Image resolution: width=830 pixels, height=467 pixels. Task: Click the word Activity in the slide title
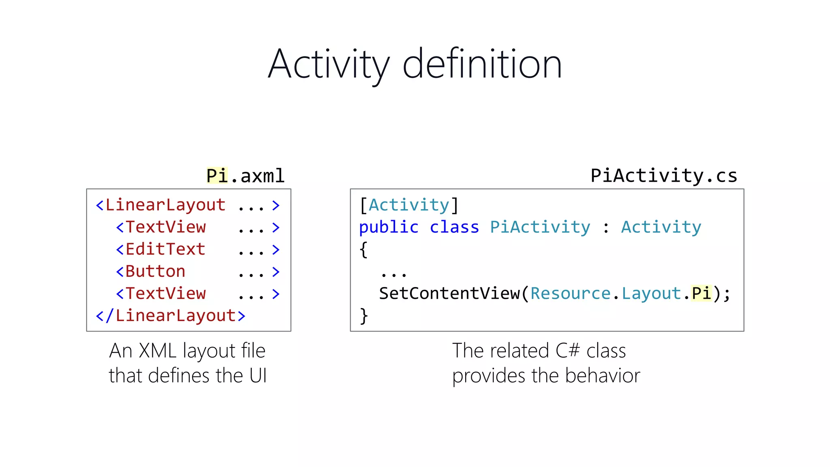point(329,65)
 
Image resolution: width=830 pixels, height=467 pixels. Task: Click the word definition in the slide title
point(482,65)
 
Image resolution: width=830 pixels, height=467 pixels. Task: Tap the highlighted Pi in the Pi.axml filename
point(217,176)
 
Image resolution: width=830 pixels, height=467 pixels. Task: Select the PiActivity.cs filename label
point(664,176)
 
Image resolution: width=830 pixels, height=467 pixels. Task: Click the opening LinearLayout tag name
point(165,205)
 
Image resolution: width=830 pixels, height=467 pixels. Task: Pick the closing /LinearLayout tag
point(175,316)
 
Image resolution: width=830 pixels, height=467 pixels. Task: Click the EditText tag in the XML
point(165,249)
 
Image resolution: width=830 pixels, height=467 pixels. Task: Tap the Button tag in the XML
point(155,272)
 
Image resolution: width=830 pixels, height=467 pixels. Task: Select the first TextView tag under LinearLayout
point(165,227)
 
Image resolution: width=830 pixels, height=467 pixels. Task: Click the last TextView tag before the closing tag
point(165,294)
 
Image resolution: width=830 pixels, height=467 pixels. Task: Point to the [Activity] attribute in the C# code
point(409,205)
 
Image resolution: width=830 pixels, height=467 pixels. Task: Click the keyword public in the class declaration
point(389,227)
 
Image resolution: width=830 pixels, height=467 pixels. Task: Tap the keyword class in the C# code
point(454,227)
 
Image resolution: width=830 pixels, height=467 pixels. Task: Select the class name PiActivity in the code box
point(540,227)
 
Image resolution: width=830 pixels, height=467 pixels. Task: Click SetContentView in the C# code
point(449,294)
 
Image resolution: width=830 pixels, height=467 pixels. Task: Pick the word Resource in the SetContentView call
point(570,294)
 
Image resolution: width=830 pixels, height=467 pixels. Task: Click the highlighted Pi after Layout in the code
point(701,294)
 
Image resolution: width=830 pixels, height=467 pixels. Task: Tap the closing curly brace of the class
point(364,316)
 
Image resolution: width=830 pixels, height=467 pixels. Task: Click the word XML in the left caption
point(158,351)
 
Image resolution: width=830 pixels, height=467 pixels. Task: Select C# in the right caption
point(568,351)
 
